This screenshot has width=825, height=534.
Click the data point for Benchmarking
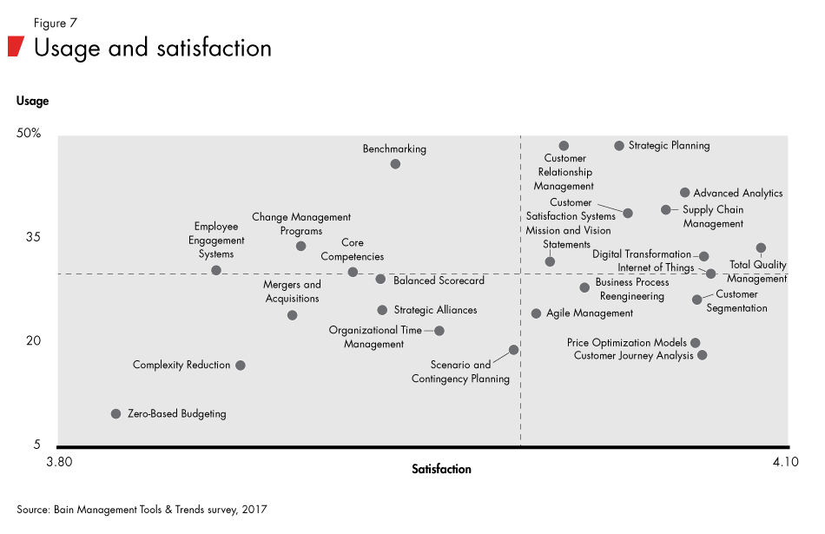395,164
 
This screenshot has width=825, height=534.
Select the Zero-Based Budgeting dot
115,414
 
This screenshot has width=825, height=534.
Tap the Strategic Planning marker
619,146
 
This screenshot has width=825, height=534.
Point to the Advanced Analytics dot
684,193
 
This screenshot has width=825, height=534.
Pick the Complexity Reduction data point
241,366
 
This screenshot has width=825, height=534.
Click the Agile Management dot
536,313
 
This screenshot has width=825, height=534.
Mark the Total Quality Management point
761,248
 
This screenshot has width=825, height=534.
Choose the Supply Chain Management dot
666,210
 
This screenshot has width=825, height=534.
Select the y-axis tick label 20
32,340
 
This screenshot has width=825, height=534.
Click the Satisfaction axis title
441,469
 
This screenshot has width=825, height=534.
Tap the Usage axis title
33,101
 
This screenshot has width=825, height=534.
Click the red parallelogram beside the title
15,47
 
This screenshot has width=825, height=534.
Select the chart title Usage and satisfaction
153,47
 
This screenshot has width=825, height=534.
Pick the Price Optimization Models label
626,343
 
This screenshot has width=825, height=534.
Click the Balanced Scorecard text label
439,280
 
